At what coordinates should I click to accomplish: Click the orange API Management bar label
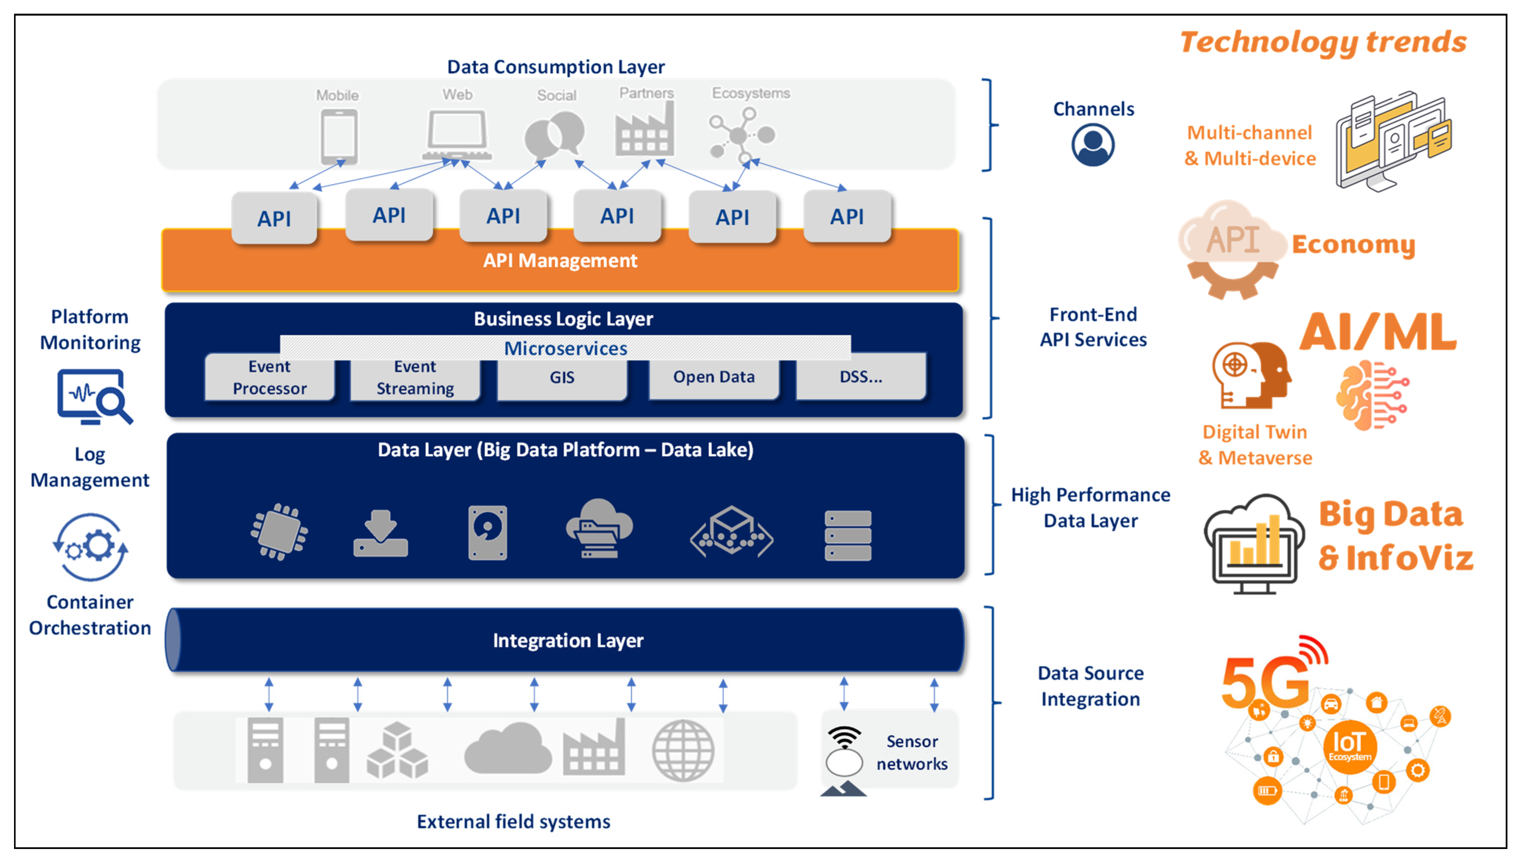tap(560, 261)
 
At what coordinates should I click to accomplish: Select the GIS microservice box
tap(562, 377)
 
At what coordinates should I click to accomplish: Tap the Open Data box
tap(713, 377)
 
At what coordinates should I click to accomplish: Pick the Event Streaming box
tap(415, 378)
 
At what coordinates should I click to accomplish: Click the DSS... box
tap(860, 377)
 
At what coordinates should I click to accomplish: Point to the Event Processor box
tap(269, 378)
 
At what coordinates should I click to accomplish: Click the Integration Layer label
tap(568, 640)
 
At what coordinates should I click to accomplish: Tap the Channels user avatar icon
tap(1092, 145)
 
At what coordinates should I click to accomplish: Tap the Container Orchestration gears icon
tap(90, 547)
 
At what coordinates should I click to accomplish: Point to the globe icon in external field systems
tap(683, 751)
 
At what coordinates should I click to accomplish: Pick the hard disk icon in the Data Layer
tap(487, 533)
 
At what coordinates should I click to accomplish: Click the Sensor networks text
tap(911, 752)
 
